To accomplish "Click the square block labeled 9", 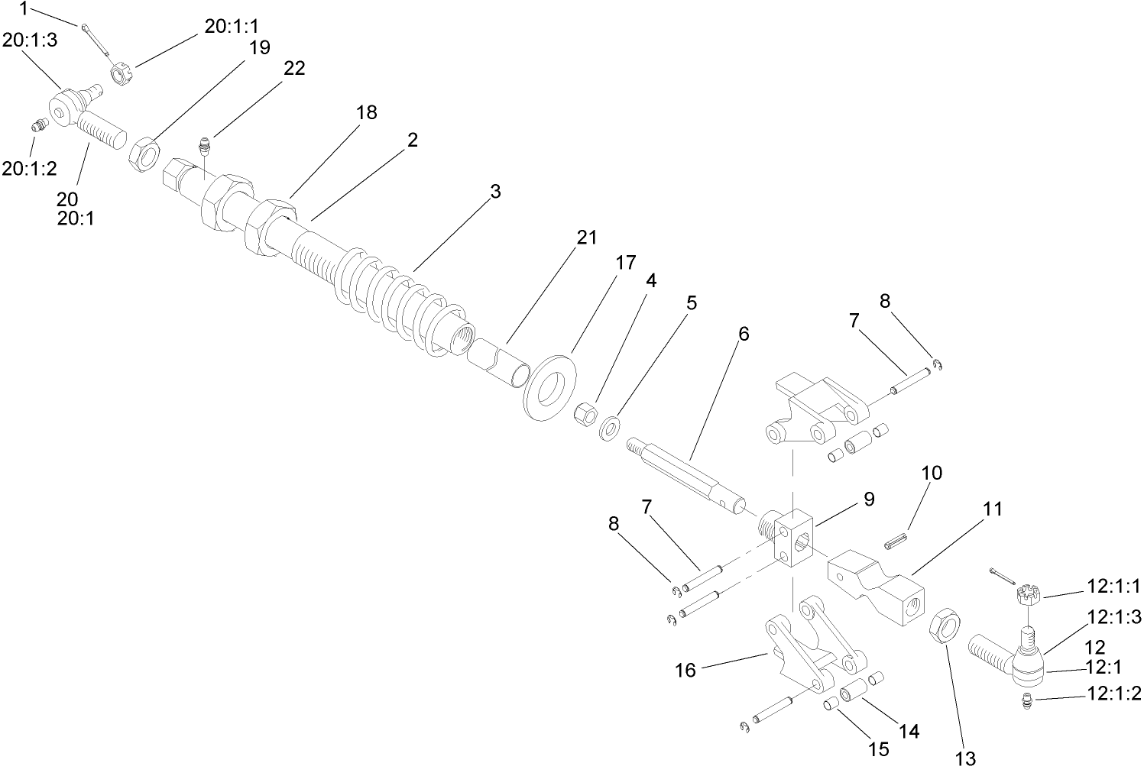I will [794, 538].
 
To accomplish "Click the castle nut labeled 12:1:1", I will [1029, 593].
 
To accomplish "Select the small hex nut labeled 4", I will [585, 417].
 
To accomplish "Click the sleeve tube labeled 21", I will [498, 362].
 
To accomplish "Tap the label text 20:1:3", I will [29, 40].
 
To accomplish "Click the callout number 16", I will [685, 670].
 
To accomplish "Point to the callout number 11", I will [992, 508].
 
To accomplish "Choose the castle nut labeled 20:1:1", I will [119, 75].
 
